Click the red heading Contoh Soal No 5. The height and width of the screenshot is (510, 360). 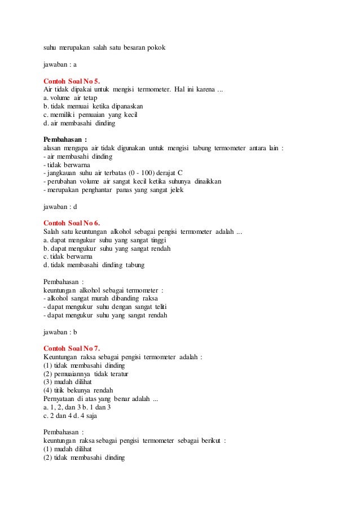72,81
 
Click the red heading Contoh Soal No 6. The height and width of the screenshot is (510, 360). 72,223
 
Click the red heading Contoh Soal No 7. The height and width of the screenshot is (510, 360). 72,348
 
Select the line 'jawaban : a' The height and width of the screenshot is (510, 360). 60,64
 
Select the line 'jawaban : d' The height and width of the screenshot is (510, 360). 60,206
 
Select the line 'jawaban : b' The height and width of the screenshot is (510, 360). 60,332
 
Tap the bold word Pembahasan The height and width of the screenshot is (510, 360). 64,139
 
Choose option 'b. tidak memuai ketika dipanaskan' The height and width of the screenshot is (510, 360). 93,106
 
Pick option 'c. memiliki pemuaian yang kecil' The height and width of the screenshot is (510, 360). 90,114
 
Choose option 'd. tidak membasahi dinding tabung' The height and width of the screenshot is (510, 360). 94,264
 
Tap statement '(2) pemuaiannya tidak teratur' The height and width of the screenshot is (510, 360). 86,373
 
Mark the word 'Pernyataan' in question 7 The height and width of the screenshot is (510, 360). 60,399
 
